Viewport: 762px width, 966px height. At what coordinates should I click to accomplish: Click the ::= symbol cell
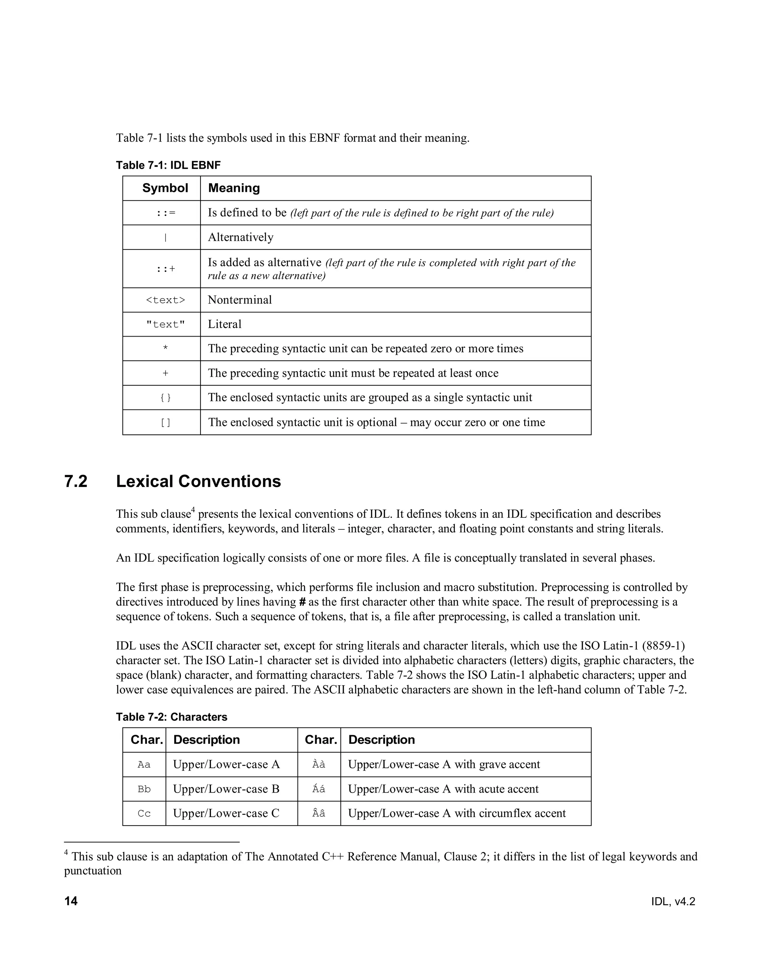tap(166, 213)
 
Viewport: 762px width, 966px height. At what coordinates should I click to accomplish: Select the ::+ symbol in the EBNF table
tap(166, 269)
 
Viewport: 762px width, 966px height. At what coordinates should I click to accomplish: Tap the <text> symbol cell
tap(166, 300)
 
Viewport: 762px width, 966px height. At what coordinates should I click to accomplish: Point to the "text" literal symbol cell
tap(166, 325)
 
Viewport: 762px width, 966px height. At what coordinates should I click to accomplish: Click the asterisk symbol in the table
tap(166, 349)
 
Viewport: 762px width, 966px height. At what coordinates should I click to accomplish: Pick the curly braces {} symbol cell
tap(166, 398)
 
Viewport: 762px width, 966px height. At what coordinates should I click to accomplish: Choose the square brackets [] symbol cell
tap(166, 422)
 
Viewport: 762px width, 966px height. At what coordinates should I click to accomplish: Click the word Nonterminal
tap(240, 300)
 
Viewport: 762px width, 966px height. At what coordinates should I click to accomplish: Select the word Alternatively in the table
tap(240, 237)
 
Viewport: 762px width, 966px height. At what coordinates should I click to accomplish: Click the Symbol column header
tap(165, 188)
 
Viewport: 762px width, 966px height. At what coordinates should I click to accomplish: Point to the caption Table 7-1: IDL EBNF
tap(168, 165)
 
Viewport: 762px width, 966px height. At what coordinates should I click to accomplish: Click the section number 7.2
tap(76, 482)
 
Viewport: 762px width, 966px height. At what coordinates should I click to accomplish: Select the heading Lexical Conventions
tap(199, 482)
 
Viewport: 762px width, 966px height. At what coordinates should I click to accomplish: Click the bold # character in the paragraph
tap(302, 602)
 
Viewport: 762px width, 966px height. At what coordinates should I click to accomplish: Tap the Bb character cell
tap(144, 789)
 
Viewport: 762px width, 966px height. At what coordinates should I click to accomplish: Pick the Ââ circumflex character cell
tap(318, 814)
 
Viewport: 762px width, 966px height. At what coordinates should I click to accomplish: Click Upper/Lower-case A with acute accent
tap(443, 789)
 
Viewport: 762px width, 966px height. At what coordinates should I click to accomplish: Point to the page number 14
tap(71, 901)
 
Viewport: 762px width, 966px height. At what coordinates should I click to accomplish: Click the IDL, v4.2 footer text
tap(673, 902)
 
